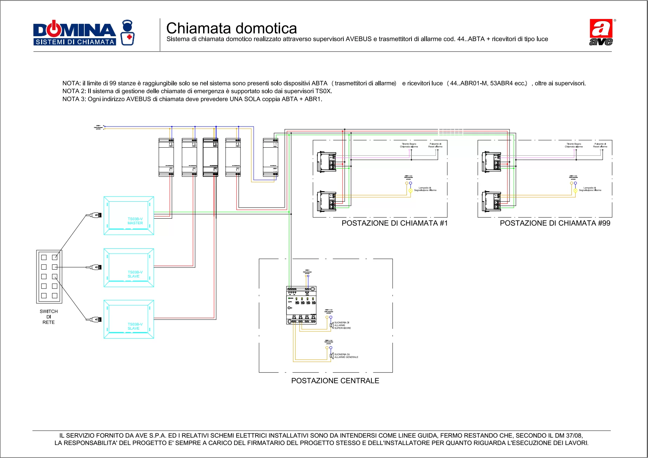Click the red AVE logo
tap(601, 32)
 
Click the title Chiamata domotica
tap(231, 28)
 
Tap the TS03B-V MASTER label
tap(135, 221)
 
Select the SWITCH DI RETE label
tap(48, 317)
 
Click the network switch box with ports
tap(49, 277)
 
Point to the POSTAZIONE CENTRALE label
tap(335, 381)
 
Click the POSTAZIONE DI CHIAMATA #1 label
tap(394, 223)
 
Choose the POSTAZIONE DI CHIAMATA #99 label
tap(555, 223)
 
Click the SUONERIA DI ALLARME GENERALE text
tap(346, 356)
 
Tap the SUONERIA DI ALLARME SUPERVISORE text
tap(342, 325)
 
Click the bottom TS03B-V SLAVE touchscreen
tap(129, 319)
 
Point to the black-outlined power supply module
tap(210, 157)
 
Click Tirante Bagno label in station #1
tap(409, 145)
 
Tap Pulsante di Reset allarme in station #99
tap(600, 145)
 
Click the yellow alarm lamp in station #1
tap(410, 191)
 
